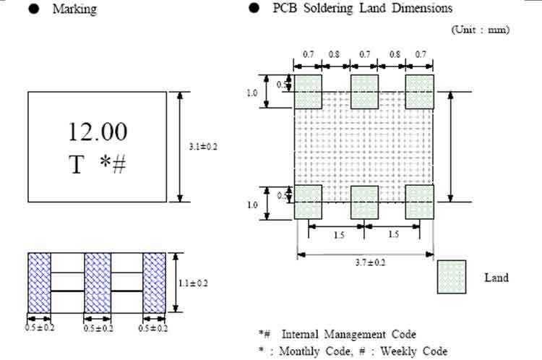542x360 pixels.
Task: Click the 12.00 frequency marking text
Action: (x=98, y=132)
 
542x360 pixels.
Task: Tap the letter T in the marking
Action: (x=77, y=165)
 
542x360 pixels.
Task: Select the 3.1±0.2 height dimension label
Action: (x=203, y=147)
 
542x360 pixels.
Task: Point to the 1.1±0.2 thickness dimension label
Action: (x=193, y=283)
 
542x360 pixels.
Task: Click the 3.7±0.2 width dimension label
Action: (x=370, y=263)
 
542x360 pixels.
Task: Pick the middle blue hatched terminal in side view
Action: (x=98, y=283)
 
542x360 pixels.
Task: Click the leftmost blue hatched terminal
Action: (x=40, y=283)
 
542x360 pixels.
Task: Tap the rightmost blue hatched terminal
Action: (x=154, y=283)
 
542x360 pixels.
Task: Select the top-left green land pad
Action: (x=308, y=92)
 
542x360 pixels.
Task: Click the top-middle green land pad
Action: (x=365, y=92)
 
